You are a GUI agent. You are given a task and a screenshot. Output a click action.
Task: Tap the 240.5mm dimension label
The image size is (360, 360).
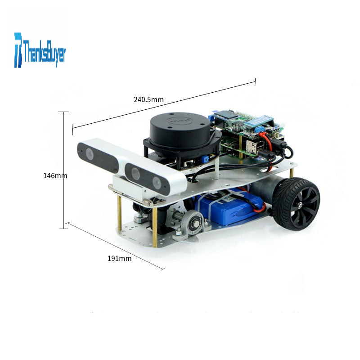coord(148,99)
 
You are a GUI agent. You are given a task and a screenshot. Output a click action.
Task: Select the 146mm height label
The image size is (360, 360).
coord(55,175)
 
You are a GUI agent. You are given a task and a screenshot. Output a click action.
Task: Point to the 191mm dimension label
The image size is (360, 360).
coord(119,258)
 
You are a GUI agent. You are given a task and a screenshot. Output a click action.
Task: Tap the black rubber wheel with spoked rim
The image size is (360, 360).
coord(296,204)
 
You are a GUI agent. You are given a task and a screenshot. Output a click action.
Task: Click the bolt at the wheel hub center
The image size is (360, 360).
coord(300,204)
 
